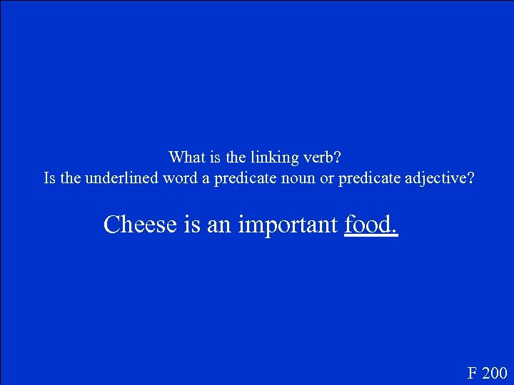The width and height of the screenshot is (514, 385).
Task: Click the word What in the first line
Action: click(185, 156)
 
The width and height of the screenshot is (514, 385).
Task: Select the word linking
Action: click(265, 156)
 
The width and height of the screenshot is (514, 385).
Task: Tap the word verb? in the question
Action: click(323, 156)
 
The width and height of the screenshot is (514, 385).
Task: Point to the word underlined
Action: click(122, 178)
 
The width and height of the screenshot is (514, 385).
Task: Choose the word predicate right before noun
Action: click(242, 178)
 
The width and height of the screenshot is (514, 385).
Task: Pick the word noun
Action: click(295, 178)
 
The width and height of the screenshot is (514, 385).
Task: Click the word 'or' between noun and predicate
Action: click(327, 178)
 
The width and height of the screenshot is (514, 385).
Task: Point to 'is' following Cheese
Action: click(192, 225)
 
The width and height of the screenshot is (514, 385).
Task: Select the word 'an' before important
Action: click(219, 225)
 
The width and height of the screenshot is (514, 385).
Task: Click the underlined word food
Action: click(370, 225)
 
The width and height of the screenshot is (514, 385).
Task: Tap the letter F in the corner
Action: click(473, 373)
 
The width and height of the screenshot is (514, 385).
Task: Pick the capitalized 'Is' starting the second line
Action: click(50, 178)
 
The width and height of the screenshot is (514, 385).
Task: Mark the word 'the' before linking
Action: click(228, 156)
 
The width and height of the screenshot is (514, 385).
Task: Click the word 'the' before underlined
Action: click(71, 178)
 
